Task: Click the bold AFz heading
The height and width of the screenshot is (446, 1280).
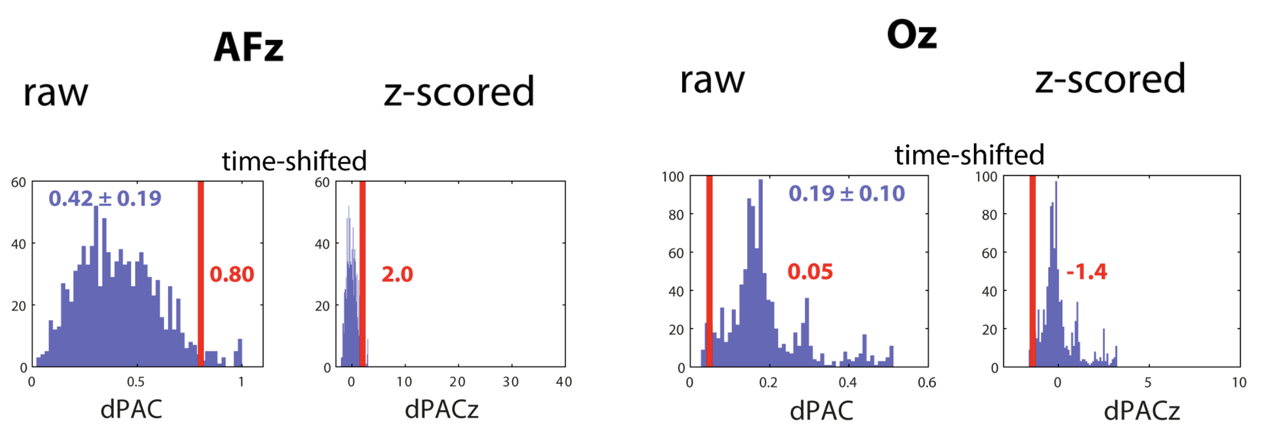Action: pos(249,47)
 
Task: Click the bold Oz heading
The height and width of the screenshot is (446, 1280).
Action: pos(911,35)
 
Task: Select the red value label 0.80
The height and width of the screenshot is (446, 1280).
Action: pos(232,274)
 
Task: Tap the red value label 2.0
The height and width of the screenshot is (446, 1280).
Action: pos(397,274)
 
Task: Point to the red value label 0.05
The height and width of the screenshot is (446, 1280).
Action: pos(810,272)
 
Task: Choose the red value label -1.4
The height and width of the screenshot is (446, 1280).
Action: pos(1086,272)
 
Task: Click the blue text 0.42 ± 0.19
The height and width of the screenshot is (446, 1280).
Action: pos(105,198)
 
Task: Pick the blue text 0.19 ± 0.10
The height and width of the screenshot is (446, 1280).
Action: pos(847,193)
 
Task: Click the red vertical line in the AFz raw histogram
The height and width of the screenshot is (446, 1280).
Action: pos(200,274)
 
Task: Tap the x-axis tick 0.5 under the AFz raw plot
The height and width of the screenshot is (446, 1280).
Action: pos(136,382)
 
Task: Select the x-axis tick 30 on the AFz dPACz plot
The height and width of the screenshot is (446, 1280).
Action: pos(510,382)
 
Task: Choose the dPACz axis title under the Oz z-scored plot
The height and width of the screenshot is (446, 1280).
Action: pos(1142,411)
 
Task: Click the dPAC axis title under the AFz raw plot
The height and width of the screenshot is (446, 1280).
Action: pos(131,409)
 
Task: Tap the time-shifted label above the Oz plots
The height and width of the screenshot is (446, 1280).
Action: pos(969,155)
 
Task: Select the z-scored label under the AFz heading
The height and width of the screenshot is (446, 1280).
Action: pos(459,92)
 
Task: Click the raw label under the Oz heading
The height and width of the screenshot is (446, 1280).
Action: pos(712,79)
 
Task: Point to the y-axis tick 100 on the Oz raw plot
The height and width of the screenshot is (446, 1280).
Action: pos(672,177)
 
